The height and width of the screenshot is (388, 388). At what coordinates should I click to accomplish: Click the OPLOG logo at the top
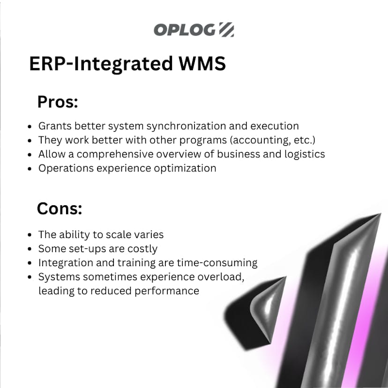point(194,30)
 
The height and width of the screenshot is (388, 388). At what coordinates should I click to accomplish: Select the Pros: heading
point(57,102)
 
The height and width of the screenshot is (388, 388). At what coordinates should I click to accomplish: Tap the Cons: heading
point(60,209)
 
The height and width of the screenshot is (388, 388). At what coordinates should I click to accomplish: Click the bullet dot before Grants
point(30,127)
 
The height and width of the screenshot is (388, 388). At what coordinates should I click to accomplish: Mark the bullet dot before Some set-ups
point(30,249)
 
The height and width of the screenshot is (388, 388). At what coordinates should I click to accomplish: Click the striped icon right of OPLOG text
point(226,30)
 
